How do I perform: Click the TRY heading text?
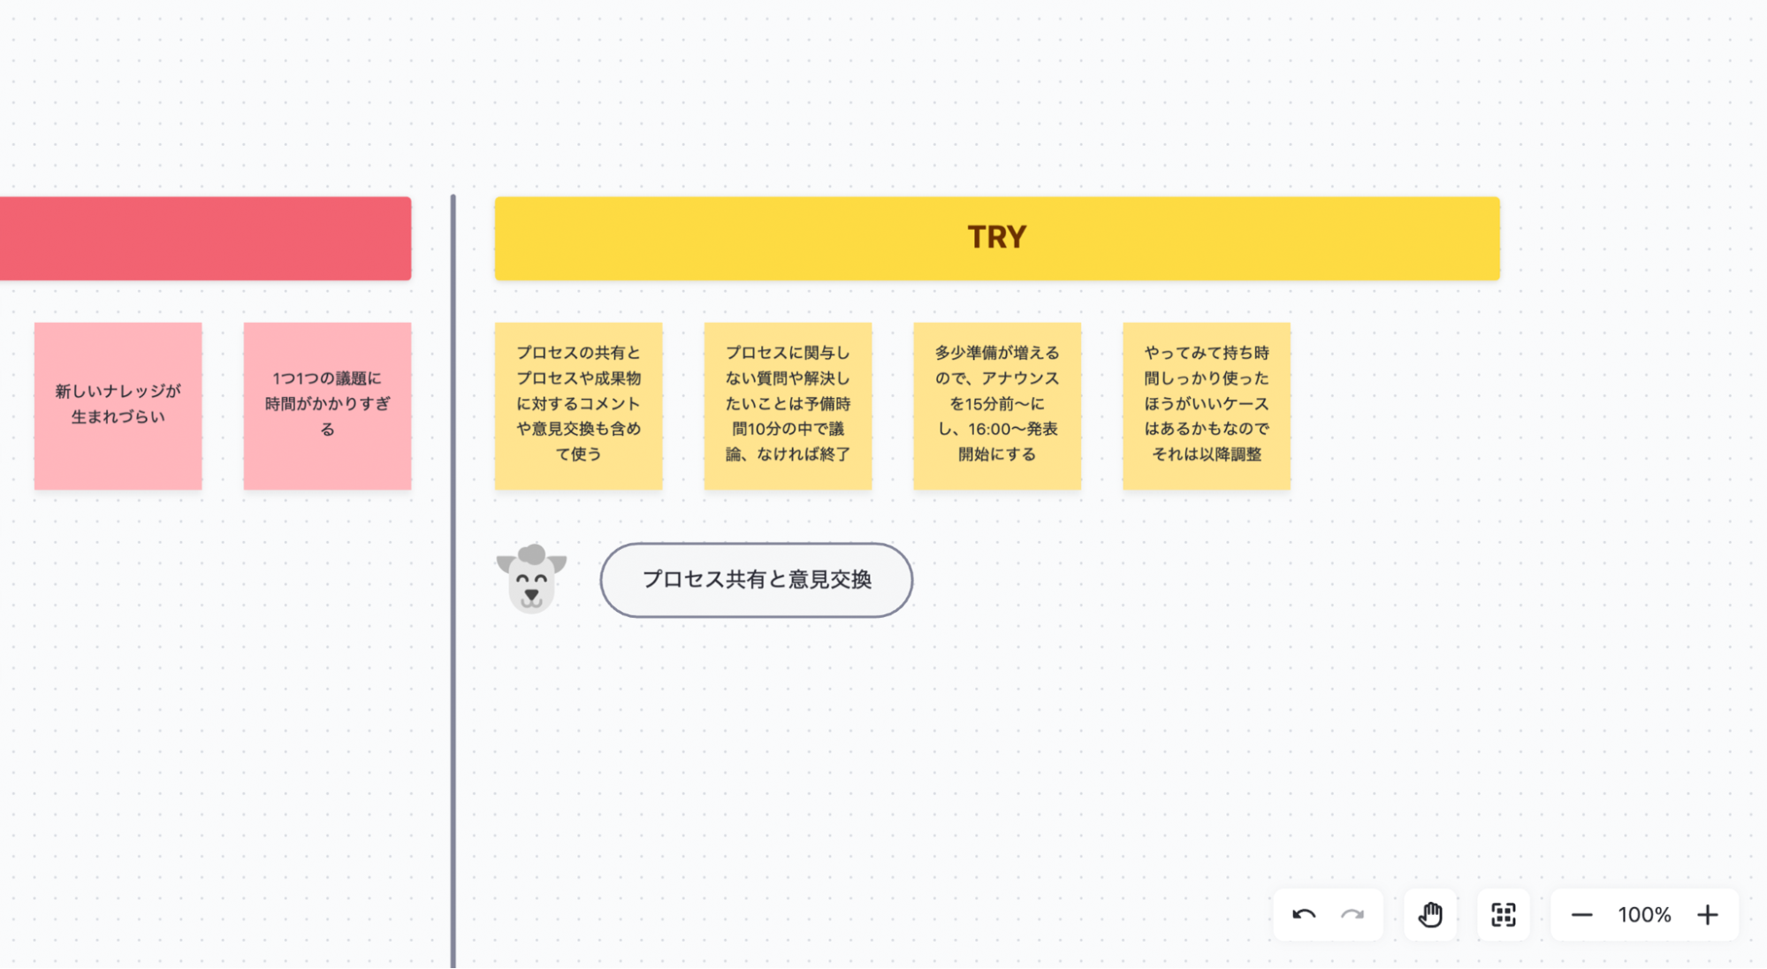996,237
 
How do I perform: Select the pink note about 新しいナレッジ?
118,405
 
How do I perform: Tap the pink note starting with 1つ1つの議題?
327,405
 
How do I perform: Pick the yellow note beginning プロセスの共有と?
578,405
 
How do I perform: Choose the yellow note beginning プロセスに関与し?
788,405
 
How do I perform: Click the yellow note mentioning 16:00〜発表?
996,405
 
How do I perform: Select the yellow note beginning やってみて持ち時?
1206,405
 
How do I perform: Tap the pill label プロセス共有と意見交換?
756,580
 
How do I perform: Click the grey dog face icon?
531,580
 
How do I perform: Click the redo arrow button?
1352,914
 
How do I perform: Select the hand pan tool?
1430,914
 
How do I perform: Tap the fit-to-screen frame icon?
1503,914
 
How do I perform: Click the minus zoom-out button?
1581,914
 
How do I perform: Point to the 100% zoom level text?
1644,914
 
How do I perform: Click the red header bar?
205,239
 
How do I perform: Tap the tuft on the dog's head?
532,554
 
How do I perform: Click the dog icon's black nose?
531,593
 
